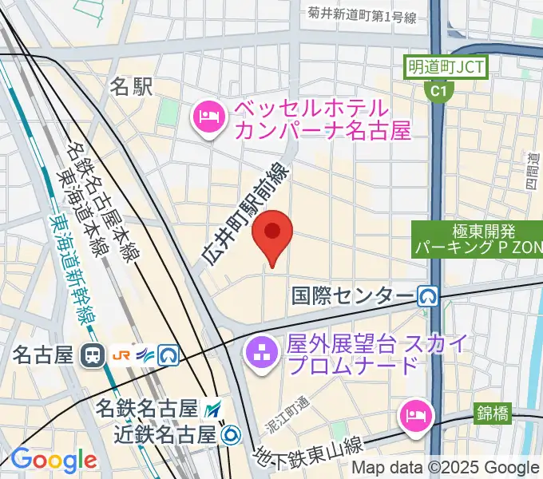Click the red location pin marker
pos(272,232)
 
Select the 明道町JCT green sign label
pos(445,66)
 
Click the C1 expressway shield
pos(436,92)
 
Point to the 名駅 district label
pos(131,87)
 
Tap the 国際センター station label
pos(354,297)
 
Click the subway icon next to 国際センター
pos(429,297)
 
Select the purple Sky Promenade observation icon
pos(261,354)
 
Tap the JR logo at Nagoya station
pos(123,354)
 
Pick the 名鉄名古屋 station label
pos(146,409)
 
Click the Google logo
pos(54,460)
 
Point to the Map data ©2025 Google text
pos(446,468)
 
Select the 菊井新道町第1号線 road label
pos(363,14)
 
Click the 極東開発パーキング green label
pos(477,239)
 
